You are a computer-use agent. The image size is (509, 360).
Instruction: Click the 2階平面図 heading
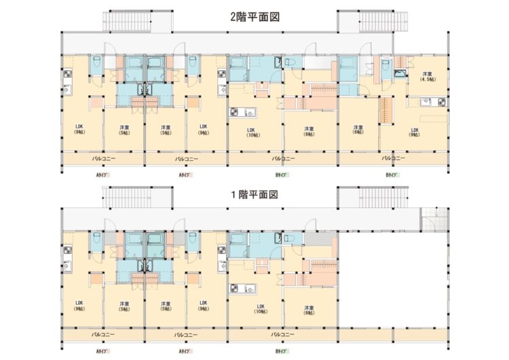point(256,18)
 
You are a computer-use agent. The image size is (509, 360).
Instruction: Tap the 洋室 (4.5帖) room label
point(428,76)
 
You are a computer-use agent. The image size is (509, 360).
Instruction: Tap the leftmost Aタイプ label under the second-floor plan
point(103,176)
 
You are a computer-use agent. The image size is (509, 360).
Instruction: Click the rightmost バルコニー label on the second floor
point(394,158)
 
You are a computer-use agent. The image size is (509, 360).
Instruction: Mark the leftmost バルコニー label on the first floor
point(103,334)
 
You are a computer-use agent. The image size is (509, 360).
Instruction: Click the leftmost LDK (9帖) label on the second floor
point(79,129)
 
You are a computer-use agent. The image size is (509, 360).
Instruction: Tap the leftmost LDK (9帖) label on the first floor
point(79,305)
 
